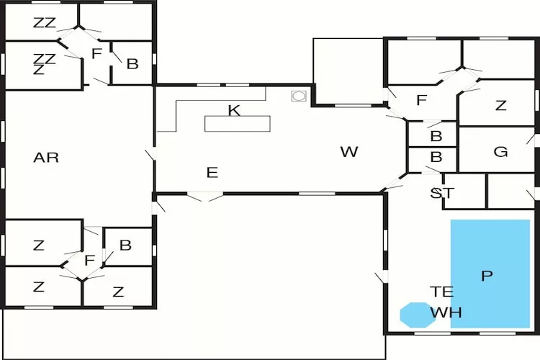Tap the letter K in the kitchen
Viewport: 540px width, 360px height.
click(x=233, y=110)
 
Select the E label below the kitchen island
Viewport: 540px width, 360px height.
click(x=212, y=173)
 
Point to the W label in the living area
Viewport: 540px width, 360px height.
click(x=349, y=152)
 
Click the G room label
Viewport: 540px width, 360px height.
click(x=500, y=152)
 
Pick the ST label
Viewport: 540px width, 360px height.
click(x=441, y=193)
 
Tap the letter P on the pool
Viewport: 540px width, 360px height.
click(x=487, y=276)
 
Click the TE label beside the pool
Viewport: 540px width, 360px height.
click(x=441, y=292)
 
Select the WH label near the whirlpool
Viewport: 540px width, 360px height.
click(x=446, y=313)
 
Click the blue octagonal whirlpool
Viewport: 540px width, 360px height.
click(x=417, y=315)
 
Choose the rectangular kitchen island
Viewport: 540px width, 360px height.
click(x=238, y=123)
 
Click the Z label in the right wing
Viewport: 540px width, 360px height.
click(x=501, y=106)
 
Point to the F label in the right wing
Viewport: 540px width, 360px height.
click(x=422, y=100)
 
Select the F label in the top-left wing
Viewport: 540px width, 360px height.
click(x=96, y=53)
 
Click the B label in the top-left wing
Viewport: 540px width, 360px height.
click(x=132, y=63)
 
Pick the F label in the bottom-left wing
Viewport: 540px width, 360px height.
click(x=90, y=260)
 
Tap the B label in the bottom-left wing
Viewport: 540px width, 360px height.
click(x=125, y=245)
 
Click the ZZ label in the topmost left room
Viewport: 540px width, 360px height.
click(x=45, y=23)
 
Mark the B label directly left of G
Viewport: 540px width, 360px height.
click(x=436, y=135)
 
